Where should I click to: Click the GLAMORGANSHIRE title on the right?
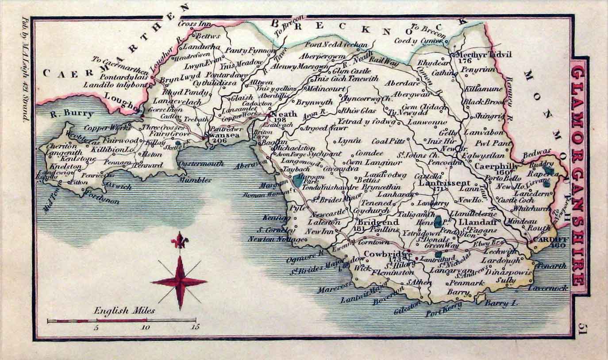tap(579, 176)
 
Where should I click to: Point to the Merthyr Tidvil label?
tap(481, 54)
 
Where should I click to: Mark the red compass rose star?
tap(179, 282)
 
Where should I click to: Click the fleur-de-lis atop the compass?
tap(179, 241)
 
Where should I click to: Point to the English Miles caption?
tap(124, 310)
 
